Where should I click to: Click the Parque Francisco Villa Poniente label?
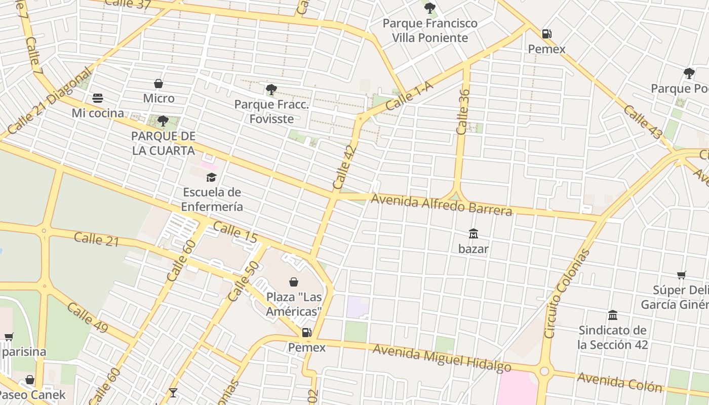click(x=430, y=30)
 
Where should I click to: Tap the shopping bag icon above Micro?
click(x=159, y=84)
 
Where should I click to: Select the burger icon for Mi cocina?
click(x=98, y=98)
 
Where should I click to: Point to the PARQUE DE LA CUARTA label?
click(x=163, y=143)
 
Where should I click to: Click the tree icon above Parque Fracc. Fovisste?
click(x=271, y=90)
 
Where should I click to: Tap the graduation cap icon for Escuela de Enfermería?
click(x=211, y=177)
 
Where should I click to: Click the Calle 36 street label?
click(x=463, y=112)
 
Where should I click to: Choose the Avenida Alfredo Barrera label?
click(x=441, y=205)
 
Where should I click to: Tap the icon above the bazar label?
click(x=474, y=234)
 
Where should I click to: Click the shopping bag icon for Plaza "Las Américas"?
click(x=294, y=282)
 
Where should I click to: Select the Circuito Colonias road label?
click(x=566, y=293)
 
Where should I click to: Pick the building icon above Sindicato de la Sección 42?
click(x=613, y=315)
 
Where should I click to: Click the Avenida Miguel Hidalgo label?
click(x=442, y=358)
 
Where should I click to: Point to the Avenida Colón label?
click(x=619, y=382)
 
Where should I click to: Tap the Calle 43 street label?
click(x=643, y=122)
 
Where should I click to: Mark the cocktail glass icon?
click(x=173, y=393)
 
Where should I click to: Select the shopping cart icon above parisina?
click(x=9, y=337)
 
